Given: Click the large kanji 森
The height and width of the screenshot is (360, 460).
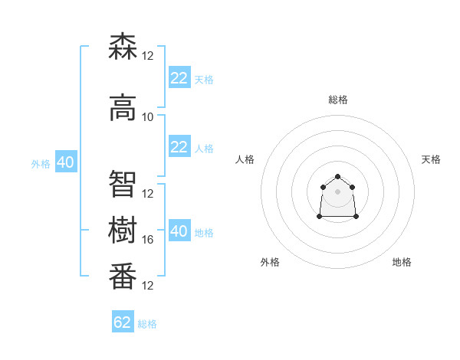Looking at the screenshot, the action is click(x=123, y=46).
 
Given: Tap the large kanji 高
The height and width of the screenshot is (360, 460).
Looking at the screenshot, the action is click(x=123, y=107).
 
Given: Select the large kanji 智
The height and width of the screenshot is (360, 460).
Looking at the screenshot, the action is click(x=123, y=184).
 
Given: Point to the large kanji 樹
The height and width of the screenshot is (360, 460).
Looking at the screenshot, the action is click(x=123, y=230).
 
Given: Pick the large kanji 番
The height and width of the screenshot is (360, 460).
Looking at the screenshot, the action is click(x=123, y=276).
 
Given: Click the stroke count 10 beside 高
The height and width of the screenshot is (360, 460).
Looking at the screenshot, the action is click(x=147, y=117).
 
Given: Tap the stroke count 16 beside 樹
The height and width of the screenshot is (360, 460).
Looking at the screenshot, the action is click(x=147, y=240).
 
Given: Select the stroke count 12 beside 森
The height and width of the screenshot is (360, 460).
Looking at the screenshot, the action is click(x=147, y=56).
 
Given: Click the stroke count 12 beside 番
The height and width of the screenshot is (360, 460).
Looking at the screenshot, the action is click(x=147, y=286).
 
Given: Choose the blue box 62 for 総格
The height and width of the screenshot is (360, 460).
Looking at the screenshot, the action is click(x=123, y=321).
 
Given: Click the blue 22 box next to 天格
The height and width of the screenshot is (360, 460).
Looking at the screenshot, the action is click(x=180, y=77).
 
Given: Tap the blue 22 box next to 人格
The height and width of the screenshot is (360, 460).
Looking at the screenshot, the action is click(x=180, y=146).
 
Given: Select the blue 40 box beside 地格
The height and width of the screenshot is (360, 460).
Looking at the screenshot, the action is click(x=180, y=230).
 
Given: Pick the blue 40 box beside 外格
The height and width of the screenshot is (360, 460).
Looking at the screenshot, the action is click(x=66, y=162).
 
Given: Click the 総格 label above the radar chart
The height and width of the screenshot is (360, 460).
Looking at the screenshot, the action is click(x=338, y=100).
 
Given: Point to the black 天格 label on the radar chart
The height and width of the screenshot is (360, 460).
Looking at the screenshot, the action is click(x=431, y=159).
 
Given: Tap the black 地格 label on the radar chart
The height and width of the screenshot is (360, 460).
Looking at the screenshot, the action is click(x=402, y=262).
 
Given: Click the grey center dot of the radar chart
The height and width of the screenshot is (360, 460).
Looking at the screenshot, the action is click(x=337, y=191).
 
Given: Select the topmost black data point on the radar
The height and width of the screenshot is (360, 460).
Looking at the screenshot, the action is click(x=337, y=176).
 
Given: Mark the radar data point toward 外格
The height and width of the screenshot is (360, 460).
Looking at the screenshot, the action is click(x=320, y=216).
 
